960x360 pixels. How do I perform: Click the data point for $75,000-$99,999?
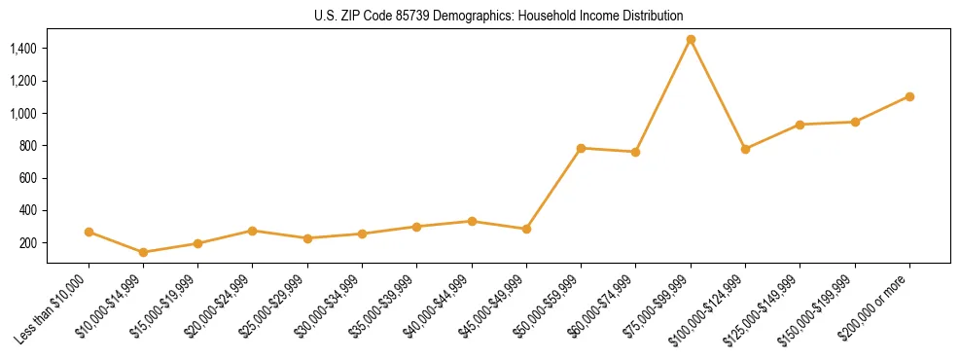(x=691, y=40)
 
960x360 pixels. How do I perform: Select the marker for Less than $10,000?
(x=89, y=233)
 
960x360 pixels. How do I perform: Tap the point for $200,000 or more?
(x=909, y=96)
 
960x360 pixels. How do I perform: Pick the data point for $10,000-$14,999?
(x=143, y=252)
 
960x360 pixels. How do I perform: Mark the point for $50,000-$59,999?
(x=581, y=148)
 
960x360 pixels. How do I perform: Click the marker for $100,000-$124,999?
(x=745, y=149)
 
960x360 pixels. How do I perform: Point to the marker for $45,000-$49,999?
(x=526, y=229)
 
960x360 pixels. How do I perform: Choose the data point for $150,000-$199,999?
(x=855, y=122)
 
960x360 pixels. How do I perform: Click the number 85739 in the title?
(x=412, y=16)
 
